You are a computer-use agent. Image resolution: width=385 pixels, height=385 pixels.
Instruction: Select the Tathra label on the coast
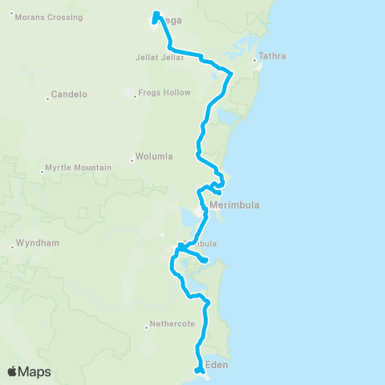(272, 57)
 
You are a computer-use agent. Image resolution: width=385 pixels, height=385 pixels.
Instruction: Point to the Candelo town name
(68, 95)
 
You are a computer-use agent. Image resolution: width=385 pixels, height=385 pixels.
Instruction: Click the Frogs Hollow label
(164, 92)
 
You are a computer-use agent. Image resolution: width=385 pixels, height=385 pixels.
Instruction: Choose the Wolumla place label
(154, 158)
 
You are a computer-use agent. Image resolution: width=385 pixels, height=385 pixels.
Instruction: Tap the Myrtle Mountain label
(78, 168)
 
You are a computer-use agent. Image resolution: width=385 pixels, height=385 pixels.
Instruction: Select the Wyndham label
(37, 243)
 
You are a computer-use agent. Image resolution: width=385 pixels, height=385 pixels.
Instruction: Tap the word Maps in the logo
(37, 371)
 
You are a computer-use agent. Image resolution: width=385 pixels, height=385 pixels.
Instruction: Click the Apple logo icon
(13, 371)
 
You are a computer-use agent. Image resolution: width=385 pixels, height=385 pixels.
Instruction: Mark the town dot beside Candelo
(47, 99)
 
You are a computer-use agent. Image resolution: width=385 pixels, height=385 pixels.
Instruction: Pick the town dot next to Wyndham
(12, 247)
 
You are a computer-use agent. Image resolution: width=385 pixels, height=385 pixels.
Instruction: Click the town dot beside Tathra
(255, 61)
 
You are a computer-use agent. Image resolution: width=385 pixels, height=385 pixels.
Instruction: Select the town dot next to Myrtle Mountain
(41, 171)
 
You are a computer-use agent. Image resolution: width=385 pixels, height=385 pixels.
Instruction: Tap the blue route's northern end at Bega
(155, 13)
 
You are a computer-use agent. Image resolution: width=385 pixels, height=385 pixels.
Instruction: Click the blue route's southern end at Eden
(197, 371)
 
